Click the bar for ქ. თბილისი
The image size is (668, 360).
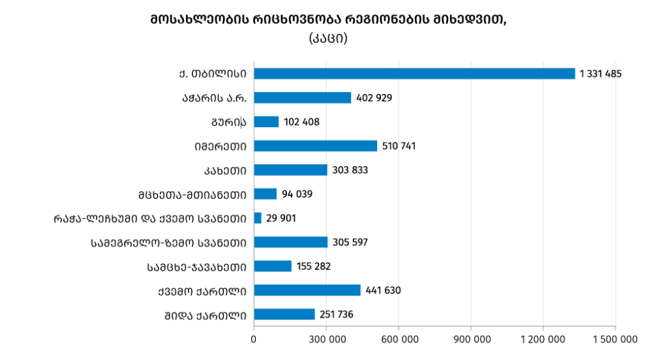(x=414, y=74)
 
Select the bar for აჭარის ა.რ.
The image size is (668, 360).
(x=302, y=98)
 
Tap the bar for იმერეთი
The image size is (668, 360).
(x=315, y=146)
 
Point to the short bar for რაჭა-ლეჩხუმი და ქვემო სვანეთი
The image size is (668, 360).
(x=258, y=218)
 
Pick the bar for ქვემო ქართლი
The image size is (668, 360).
(x=307, y=290)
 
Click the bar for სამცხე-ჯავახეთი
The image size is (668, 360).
(x=273, y=266)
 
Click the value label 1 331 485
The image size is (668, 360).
(x=601, y=74)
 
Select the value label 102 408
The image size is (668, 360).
(x=301, y=122)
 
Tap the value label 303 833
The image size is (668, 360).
(x=350, y=170)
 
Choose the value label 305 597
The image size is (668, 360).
(x=350, y=242)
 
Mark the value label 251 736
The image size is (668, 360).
(x=337, y=314)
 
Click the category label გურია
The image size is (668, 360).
(x=228, y=122)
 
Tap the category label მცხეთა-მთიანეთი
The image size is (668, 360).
(x=192, y=194)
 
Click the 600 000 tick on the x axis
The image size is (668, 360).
(x=399, y=339)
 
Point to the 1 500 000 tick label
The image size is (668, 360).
(x=615, y=339)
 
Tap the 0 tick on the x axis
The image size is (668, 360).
(x=254, y=339)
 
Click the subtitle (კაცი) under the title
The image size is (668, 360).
(x=327, y=38)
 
